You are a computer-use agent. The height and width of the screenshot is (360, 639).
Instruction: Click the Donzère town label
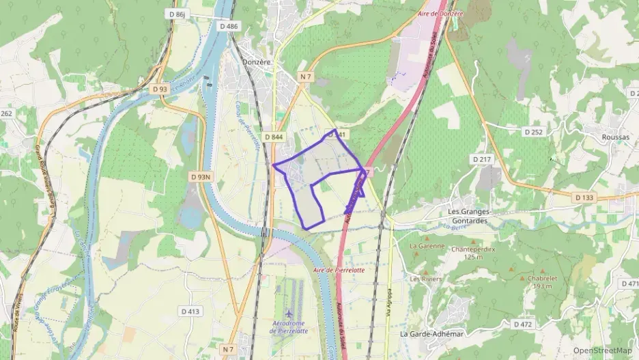[x=257, y=62]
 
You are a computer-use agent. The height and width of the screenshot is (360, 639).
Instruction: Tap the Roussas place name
[x=615, y=136]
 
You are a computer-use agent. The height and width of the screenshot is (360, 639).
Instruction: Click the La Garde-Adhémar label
[x=432, y=334]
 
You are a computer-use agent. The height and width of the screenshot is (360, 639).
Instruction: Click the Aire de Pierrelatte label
[x=339, y=270]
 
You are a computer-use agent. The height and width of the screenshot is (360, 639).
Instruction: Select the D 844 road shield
[x=273, y=137]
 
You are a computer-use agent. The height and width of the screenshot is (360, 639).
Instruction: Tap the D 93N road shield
[x=201, y=177]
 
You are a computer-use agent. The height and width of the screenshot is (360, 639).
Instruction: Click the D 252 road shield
[x=532, y=131]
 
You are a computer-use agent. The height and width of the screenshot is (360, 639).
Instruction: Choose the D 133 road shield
[x=584, y=197]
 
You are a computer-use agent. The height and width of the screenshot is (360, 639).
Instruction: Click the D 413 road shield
[x=191, y=311]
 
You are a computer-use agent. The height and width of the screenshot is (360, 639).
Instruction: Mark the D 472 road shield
[x=522, y=324]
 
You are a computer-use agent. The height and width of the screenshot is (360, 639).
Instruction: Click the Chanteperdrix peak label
[x=472, y=249]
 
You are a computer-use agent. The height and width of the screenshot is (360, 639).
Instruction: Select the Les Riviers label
[x=425, y=279]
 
